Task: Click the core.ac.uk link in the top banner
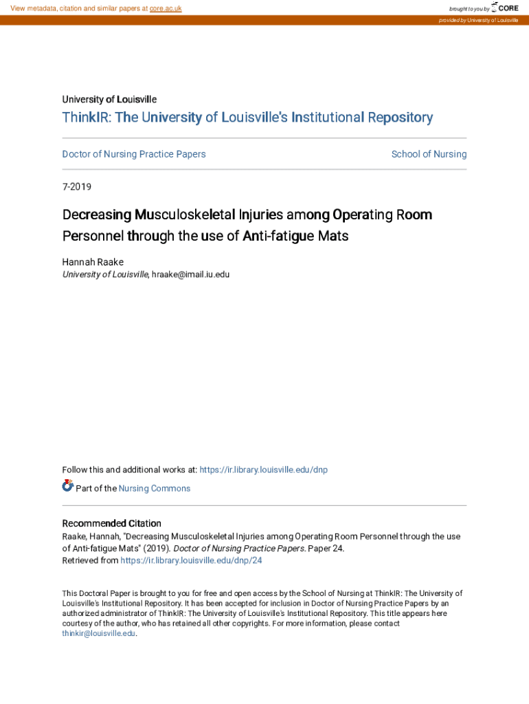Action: pyautogui.click(x=166, y=8)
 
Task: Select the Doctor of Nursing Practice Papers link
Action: pyautogui.click(x=134, y=154)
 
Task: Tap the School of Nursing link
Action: pyautogui.click(x=429, y=154)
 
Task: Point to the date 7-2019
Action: pyautogui.click(x=77, y=186)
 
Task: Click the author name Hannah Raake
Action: pyautogui.click(x=93, y=262)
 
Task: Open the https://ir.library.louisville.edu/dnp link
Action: pyautogui.click(x=263, y=470)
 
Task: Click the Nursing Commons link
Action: pyautogui.click(x=155, y=488)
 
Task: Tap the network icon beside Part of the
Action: pyautogui.click(x=68, y=486)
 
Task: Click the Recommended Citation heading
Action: pyautogui.click(x=112, y=523)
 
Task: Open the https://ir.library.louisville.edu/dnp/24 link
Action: pyautogui.click(x=191, y=560)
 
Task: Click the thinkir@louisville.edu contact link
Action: pyautogui.click(x=99, y=633)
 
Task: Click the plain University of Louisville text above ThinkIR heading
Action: pyautogui.click(x=109, y=100)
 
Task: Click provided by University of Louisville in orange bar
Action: pyautogui.click(x=478, y=21)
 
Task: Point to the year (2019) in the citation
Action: pyautogui.click(x=155, y=549)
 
